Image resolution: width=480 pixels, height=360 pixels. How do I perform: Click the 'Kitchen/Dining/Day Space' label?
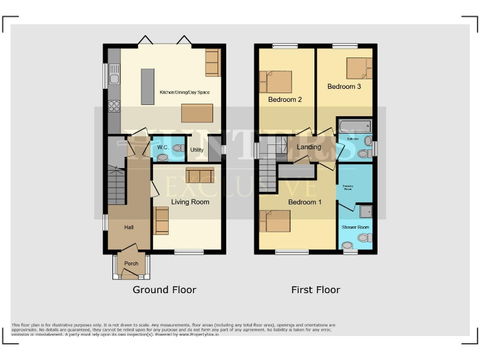pos(184,92)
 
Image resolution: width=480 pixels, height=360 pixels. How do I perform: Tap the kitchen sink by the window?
pos(114,77)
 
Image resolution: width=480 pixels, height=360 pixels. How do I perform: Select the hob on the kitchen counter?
pos(114,106)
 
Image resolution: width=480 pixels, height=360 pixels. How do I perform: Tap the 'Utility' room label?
pos(197,151)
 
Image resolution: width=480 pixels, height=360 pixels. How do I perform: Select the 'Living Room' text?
pos(190,202)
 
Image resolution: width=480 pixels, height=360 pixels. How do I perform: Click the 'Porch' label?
pos(131,264)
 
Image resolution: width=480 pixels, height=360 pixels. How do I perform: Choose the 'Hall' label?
pos(129,227)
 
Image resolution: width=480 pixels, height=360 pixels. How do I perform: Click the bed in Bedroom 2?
pos(276,82)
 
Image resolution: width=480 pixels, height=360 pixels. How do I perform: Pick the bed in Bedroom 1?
pos(275,221)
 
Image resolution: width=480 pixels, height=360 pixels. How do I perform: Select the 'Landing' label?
pos(309,147)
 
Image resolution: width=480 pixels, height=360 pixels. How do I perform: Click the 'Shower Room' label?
pos(354,227)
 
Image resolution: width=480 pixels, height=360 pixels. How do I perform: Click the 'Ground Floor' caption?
pos(164,290)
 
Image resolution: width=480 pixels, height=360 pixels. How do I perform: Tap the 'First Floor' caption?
pos(316,290)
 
